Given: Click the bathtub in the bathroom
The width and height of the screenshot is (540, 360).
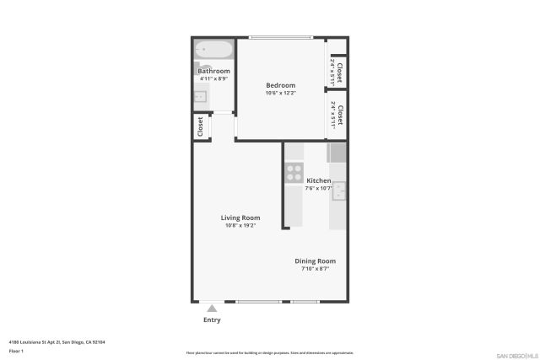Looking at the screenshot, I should pos(213,50).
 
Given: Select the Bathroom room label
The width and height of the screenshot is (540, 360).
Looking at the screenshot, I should pos(213,72).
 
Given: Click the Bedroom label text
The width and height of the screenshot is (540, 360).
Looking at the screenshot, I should pos(280,85).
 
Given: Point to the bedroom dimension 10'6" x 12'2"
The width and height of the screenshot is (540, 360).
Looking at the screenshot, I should pos(280,93).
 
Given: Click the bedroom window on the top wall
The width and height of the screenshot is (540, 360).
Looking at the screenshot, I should pos(280,37).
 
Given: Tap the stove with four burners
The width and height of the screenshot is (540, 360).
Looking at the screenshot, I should pos(294,173).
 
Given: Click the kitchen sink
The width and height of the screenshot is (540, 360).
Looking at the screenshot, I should pos(339,192).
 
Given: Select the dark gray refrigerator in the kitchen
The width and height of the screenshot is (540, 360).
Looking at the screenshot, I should pos(337,153).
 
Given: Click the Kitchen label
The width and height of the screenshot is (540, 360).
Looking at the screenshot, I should pos(318,181).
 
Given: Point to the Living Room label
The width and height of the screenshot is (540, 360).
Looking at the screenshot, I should pos(240,218).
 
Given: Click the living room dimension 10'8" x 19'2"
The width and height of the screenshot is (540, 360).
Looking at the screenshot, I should pos(240,226).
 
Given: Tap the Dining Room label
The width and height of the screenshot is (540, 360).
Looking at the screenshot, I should pos(315,261).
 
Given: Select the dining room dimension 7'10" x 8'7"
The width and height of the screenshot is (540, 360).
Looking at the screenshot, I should pos(315,269).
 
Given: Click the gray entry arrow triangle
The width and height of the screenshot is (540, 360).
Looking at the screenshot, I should pos(212,309).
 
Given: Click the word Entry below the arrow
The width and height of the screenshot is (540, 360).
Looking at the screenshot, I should pos(212,320).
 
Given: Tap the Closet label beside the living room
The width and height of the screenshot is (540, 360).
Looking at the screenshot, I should pos(201,126).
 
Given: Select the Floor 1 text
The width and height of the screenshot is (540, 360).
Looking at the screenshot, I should pos(16,350).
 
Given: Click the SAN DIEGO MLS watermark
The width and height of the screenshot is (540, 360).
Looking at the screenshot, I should pos(514,355).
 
